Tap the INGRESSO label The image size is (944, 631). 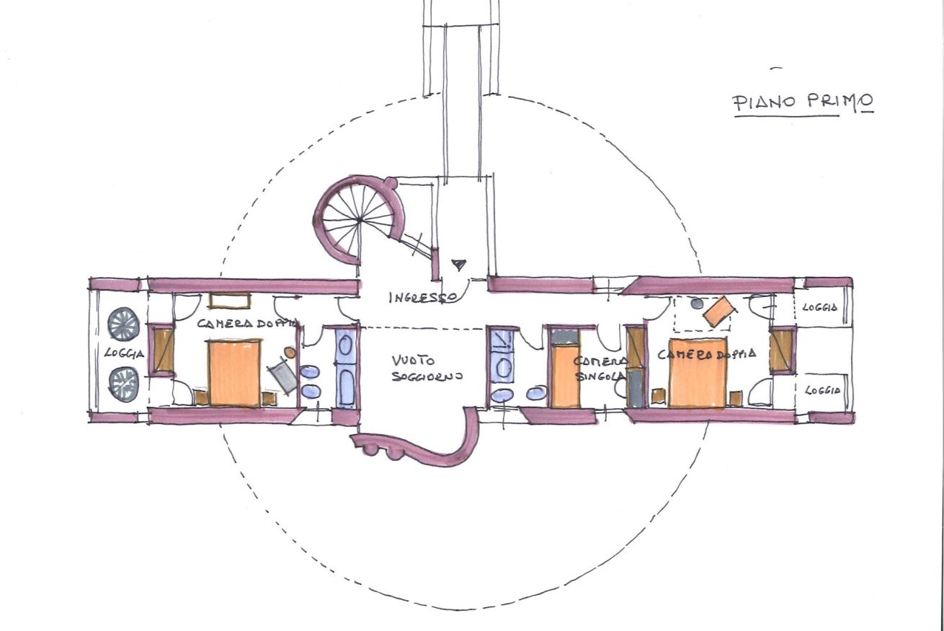422,298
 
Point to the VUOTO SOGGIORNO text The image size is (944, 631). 427,368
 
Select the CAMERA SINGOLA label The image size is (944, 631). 600,369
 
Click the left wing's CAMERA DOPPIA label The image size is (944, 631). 249,324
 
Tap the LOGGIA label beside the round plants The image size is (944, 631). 124,353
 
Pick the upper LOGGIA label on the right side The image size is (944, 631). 819,307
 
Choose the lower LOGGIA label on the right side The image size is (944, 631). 823,391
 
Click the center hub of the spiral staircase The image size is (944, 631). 360,220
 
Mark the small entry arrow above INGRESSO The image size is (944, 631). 459,265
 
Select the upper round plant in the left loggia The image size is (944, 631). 123,324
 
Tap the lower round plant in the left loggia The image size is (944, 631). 123,384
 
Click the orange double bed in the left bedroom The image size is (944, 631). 234,372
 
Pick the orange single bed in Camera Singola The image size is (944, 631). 565,376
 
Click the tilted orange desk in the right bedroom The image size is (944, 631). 719,312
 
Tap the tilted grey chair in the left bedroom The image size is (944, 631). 282,378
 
